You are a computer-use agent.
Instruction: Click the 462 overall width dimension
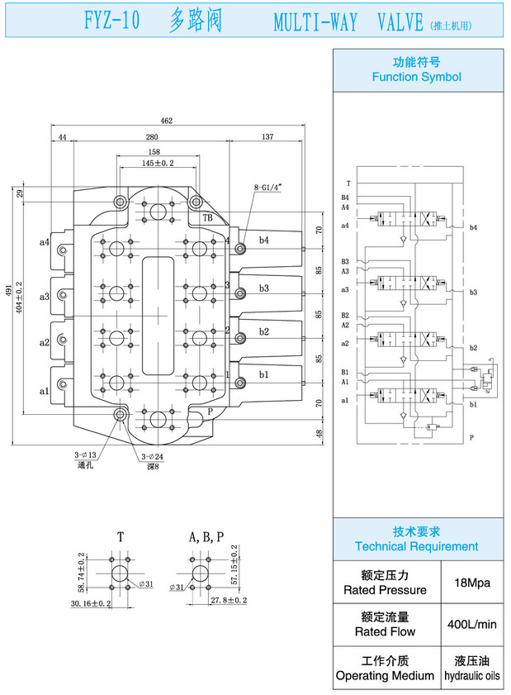(x=167, y=121)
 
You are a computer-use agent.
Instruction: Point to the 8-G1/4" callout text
(x=268, y=188)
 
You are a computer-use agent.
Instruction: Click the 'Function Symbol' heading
(x=417, y=77)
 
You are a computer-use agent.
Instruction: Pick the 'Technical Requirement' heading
(x=417, y=546)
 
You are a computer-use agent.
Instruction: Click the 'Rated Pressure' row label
(x=386, y=590)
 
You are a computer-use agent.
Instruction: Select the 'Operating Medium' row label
(x=386, y=675)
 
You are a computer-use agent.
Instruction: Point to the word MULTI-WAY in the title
(x=316, y=22)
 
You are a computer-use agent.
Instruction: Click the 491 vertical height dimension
(x=8, y=289)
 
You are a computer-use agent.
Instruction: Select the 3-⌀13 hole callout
(x=86, y=455)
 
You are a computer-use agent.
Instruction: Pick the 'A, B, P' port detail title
(x=206, y=537)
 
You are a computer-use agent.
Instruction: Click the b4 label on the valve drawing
(x=264, y=240)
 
